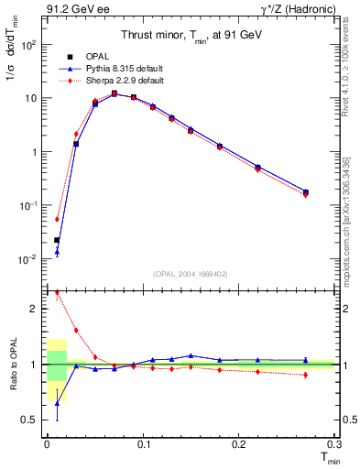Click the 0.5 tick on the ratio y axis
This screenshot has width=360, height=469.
(x=31, y=420)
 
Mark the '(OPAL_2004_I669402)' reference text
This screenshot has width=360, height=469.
(x=191, y=274)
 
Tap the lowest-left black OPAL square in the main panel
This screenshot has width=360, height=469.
(x=57, y=240)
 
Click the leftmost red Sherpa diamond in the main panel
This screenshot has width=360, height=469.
(x=57, y=219)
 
